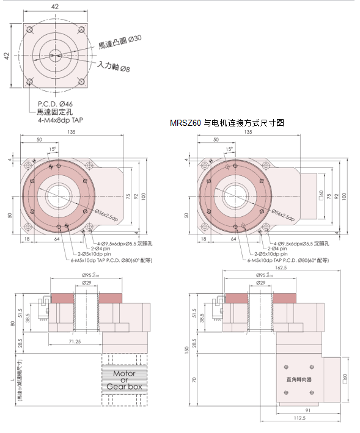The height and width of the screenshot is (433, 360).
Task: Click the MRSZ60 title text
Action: point(227,123)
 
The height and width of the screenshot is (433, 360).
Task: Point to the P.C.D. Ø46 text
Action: point(55,104)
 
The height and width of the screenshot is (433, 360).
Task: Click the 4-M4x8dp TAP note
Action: point(61,120)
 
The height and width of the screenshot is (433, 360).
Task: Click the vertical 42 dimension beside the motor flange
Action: point(7,56)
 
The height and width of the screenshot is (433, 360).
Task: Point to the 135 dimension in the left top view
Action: point(72,132)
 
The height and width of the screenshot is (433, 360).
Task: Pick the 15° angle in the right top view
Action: point(229,149)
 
